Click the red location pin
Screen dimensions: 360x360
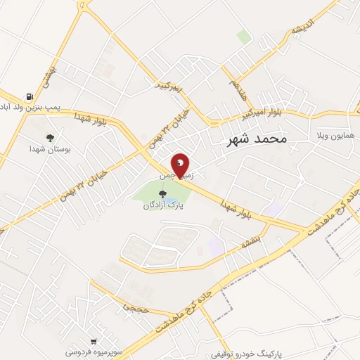coord(181,166)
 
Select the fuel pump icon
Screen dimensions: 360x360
coord(29,97)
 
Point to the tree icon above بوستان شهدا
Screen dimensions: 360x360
coord(49,138)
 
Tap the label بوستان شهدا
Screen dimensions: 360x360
coord(48,149)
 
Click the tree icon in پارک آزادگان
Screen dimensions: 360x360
coord(162,194)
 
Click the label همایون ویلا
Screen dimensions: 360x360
coord(335,134)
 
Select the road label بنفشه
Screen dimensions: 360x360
coord(251,241)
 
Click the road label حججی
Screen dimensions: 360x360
coord(131,307)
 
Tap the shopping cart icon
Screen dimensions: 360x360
coord(93,340)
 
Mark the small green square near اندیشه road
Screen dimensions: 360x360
coord(244,37)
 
